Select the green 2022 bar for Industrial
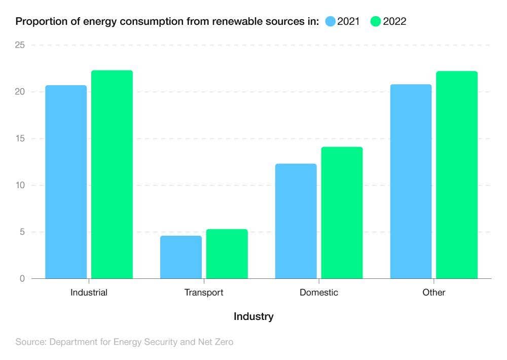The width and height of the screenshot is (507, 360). (x=112, y=174)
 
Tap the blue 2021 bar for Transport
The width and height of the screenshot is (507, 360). (x=181, y=257)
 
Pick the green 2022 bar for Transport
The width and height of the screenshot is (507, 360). (x=227, y=254)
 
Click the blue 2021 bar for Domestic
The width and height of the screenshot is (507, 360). (x=296, y=221)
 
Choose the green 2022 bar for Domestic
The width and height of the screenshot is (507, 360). (x=342, y=213)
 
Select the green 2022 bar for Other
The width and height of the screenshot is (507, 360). (x=457, y=175)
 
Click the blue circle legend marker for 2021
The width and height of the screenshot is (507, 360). (x=331, y=21)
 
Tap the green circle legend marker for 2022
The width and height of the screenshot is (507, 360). (x=376, y=21)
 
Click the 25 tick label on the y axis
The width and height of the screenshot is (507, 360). (x=20, y=45)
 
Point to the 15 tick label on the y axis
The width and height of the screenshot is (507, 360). (x=20, y=138)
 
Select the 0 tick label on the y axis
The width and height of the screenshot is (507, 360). (x=22, y=278)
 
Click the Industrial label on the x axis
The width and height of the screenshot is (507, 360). (x=89, y=293)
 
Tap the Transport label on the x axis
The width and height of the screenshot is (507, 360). (x=204, y=293)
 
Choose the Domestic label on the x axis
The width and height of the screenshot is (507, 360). (x=318, y=293)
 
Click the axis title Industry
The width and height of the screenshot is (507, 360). (x=253, y=316)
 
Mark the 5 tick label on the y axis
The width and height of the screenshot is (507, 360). (x=22, y=232)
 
